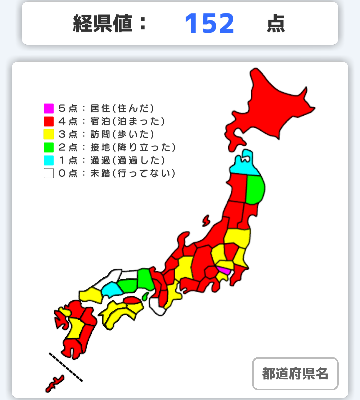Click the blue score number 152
tap(209, 24)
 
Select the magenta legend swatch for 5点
tap(49, 108)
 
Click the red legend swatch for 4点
tap(49, 121)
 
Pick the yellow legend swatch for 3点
tap(49, 134)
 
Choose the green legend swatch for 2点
tap(49, 147)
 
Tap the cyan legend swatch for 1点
tap(49, 160)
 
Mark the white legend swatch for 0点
tap(49, 173)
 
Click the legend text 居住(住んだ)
tap(122, 108)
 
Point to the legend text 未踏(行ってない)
tap(133, 173)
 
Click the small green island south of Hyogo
tap(145, 296)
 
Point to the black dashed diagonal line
tap(66, 367)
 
